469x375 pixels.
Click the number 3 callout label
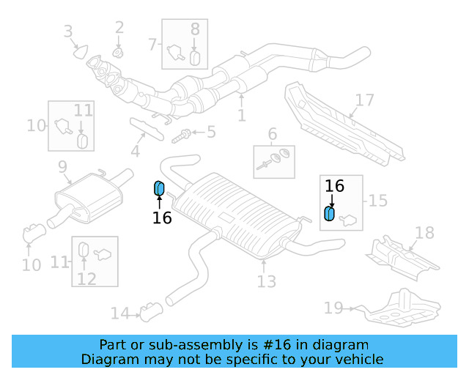point(68,31)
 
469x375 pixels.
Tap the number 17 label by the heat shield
point(364,100)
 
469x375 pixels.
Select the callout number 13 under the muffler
point(267,281)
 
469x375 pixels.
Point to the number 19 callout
point(333,308)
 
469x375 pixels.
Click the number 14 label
point(119,313)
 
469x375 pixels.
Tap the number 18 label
point(424,233)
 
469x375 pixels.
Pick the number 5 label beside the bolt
point(211,133)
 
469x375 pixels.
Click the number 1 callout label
point(241,116)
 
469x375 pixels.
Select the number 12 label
point(86,278)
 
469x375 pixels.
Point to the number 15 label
point(377,200)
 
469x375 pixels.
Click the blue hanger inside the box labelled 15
point(330,213)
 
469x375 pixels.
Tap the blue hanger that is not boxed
point(158,189)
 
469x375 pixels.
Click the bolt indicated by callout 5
point(182,135)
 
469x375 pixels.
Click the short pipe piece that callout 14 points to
point(152,313)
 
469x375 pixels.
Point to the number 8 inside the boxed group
point(195,29)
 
